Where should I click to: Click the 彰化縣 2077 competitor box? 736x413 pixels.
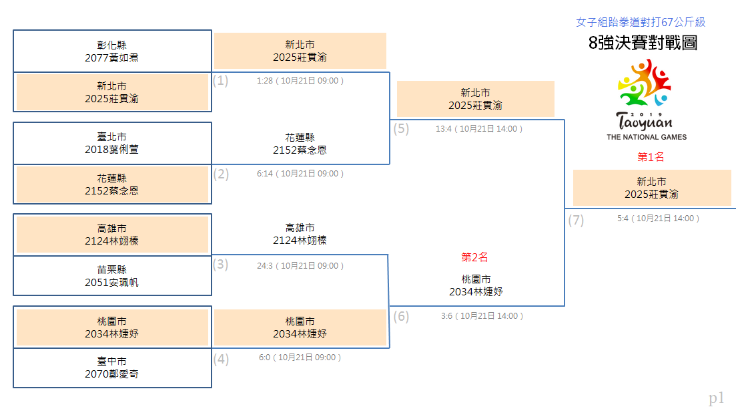pyautogui.click(x=112, y=51)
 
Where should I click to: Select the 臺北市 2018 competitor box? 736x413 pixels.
pyautogui.click(x=112, y=143)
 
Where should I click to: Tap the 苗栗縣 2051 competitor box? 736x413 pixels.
pyautogui.click(x=112, y=276)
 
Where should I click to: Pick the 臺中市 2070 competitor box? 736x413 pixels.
pyautogui.click(x=112, y=368)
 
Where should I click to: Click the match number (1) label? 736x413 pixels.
pyautogui.click(x=221, y=80)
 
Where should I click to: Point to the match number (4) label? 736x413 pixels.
pyautogui.click(x=221, y=360)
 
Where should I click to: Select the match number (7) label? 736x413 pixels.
pyautogui.click(x=576, y=221)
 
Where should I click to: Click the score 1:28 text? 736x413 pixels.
pyautogui.click(x=264, y=81)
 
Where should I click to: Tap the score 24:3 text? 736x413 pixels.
pyautogui.click(x=264, y=266)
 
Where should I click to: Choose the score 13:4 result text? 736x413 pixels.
pyautogui.click(x=444, y=129)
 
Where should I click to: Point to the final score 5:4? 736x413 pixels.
pyautogui.click(x=623, y=219)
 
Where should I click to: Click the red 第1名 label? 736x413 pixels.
pyautogui.click(x=651, y=157)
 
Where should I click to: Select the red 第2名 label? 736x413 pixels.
pyautogui.click(x=474, y=257)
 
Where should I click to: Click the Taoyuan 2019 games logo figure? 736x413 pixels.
pyautogui.click(x=645, y=83)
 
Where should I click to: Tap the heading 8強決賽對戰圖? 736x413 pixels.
pyautogui.click(x=643, y=43)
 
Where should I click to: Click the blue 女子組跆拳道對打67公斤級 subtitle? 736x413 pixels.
pyautogui.click(x=641, y=22)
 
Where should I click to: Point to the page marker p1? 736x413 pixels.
pyautogui.click(x=716, y=398)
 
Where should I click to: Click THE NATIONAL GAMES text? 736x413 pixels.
pyautogui.click(x=647, y=137)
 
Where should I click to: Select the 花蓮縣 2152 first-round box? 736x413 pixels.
pyautogui.click(x=112, y=184)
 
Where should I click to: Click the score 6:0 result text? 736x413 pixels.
pyautogui.click(x=264, y=358)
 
